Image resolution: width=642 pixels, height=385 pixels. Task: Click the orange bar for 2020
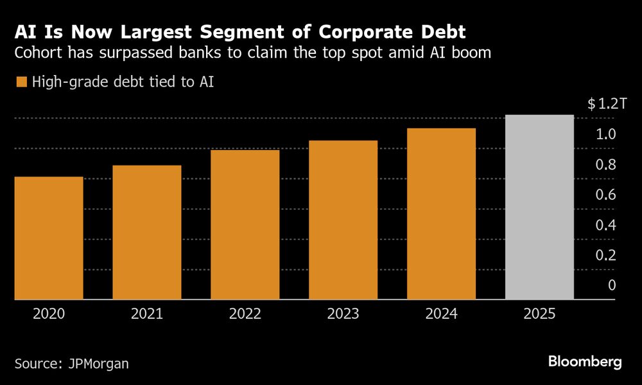tap(48, 237)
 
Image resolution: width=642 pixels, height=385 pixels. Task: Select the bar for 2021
tap(146, 232)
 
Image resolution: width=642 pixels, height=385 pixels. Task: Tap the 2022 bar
tap(245, 225)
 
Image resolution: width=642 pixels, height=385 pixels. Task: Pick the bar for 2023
tap(343, 219)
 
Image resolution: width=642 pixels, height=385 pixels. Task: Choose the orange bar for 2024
tap(441, 214)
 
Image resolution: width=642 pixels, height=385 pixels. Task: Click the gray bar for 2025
tap(539, 207)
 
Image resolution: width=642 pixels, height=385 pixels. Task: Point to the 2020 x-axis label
tap(48, 314)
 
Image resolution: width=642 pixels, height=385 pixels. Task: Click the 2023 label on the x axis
tap(343, 314)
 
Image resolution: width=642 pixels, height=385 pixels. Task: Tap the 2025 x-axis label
tap(539, 314)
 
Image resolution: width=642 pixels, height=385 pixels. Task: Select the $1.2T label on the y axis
tap(606, 105)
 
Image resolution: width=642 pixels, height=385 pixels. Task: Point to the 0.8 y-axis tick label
tap(607, 165)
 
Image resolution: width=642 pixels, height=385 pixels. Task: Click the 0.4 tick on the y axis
tap(607, 225)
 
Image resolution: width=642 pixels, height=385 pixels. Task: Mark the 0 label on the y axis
tap(612, 286)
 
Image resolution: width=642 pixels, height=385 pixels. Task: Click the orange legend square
tap(21, 81)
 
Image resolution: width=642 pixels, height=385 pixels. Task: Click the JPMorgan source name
tap(98, 363)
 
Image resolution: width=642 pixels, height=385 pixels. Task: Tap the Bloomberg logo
tap(585, 362)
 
